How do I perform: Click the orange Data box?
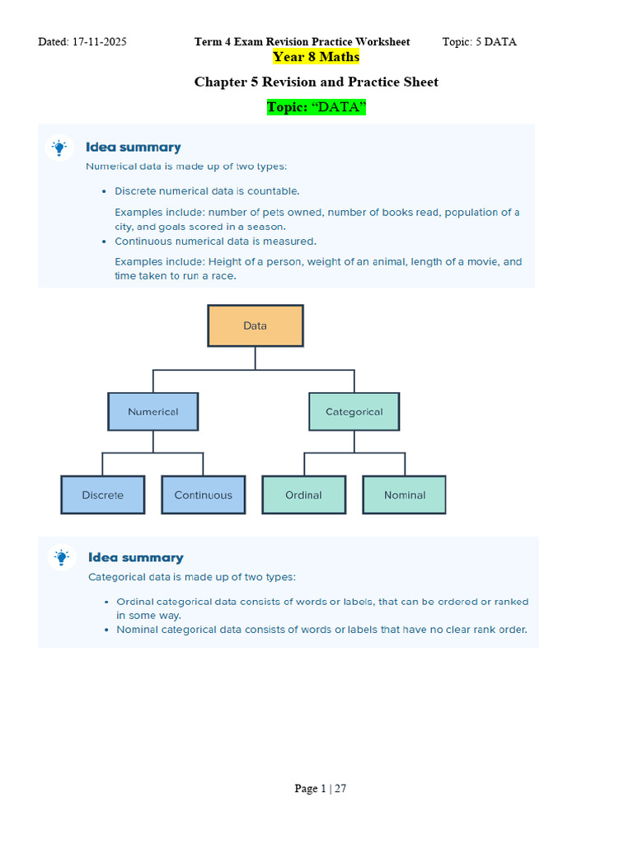[255, 326]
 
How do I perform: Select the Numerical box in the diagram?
[152, 411]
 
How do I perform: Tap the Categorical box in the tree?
[354, 411]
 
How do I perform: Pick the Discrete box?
[102, 495]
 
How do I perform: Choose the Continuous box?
[203, 495]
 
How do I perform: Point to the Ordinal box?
[303, 495]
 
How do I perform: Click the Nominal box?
[404, 495]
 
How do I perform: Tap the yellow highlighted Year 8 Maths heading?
[316, 57]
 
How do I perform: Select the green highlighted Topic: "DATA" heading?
[316, 108]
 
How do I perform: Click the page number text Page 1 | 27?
[320, 789]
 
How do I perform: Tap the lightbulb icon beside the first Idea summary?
[59, 148]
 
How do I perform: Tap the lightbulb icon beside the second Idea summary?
[61, 557]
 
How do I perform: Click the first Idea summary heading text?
[133, 148]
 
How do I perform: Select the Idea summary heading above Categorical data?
[135, 557]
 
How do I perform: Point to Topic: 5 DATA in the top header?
[479, 42]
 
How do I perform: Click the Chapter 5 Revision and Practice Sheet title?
[316, 82]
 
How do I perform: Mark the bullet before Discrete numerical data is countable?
[104, 191]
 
